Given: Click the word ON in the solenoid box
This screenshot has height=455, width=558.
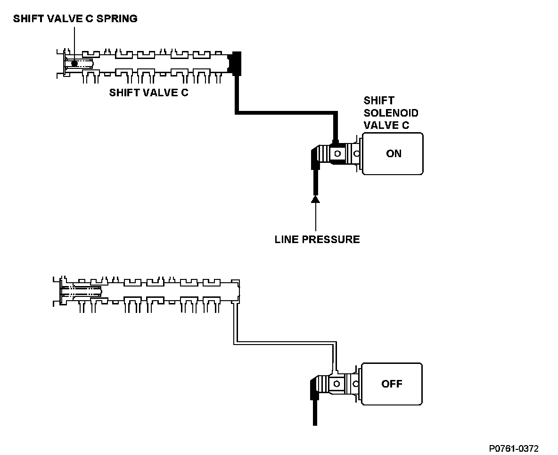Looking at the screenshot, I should pyautogui.click(x=394, y=153).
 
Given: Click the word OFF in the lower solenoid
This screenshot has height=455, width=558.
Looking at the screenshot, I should pyautogui.click(x=392, y=384).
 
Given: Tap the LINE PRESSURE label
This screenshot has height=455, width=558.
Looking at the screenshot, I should pyautogui.click(x=317, y=239).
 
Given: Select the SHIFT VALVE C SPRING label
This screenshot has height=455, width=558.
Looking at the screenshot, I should pyautogui.click(x=75, y=19).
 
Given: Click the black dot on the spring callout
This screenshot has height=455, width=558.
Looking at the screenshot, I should pyautogui.click(x=74, y=63).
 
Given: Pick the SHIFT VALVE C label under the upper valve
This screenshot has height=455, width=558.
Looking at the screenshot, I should pyautogui.click(x=148, y=93).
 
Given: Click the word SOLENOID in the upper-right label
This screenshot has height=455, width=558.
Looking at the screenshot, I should pyautogui.click(x=391, y=113).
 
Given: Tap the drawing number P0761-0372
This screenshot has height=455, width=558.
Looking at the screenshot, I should pyautogui.click(x=514, y=448).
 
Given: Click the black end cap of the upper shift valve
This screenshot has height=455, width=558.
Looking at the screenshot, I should pyautogui.click(x=235, y=63).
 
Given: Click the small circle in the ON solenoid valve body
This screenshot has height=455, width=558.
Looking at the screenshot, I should pyautogui.click(x=337, y=153).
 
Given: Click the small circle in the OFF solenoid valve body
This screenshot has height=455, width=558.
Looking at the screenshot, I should pyautogui.click(x=337, y=384).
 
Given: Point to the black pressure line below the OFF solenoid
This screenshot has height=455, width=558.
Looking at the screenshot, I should pyautogui.click(x=315, y=411).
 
